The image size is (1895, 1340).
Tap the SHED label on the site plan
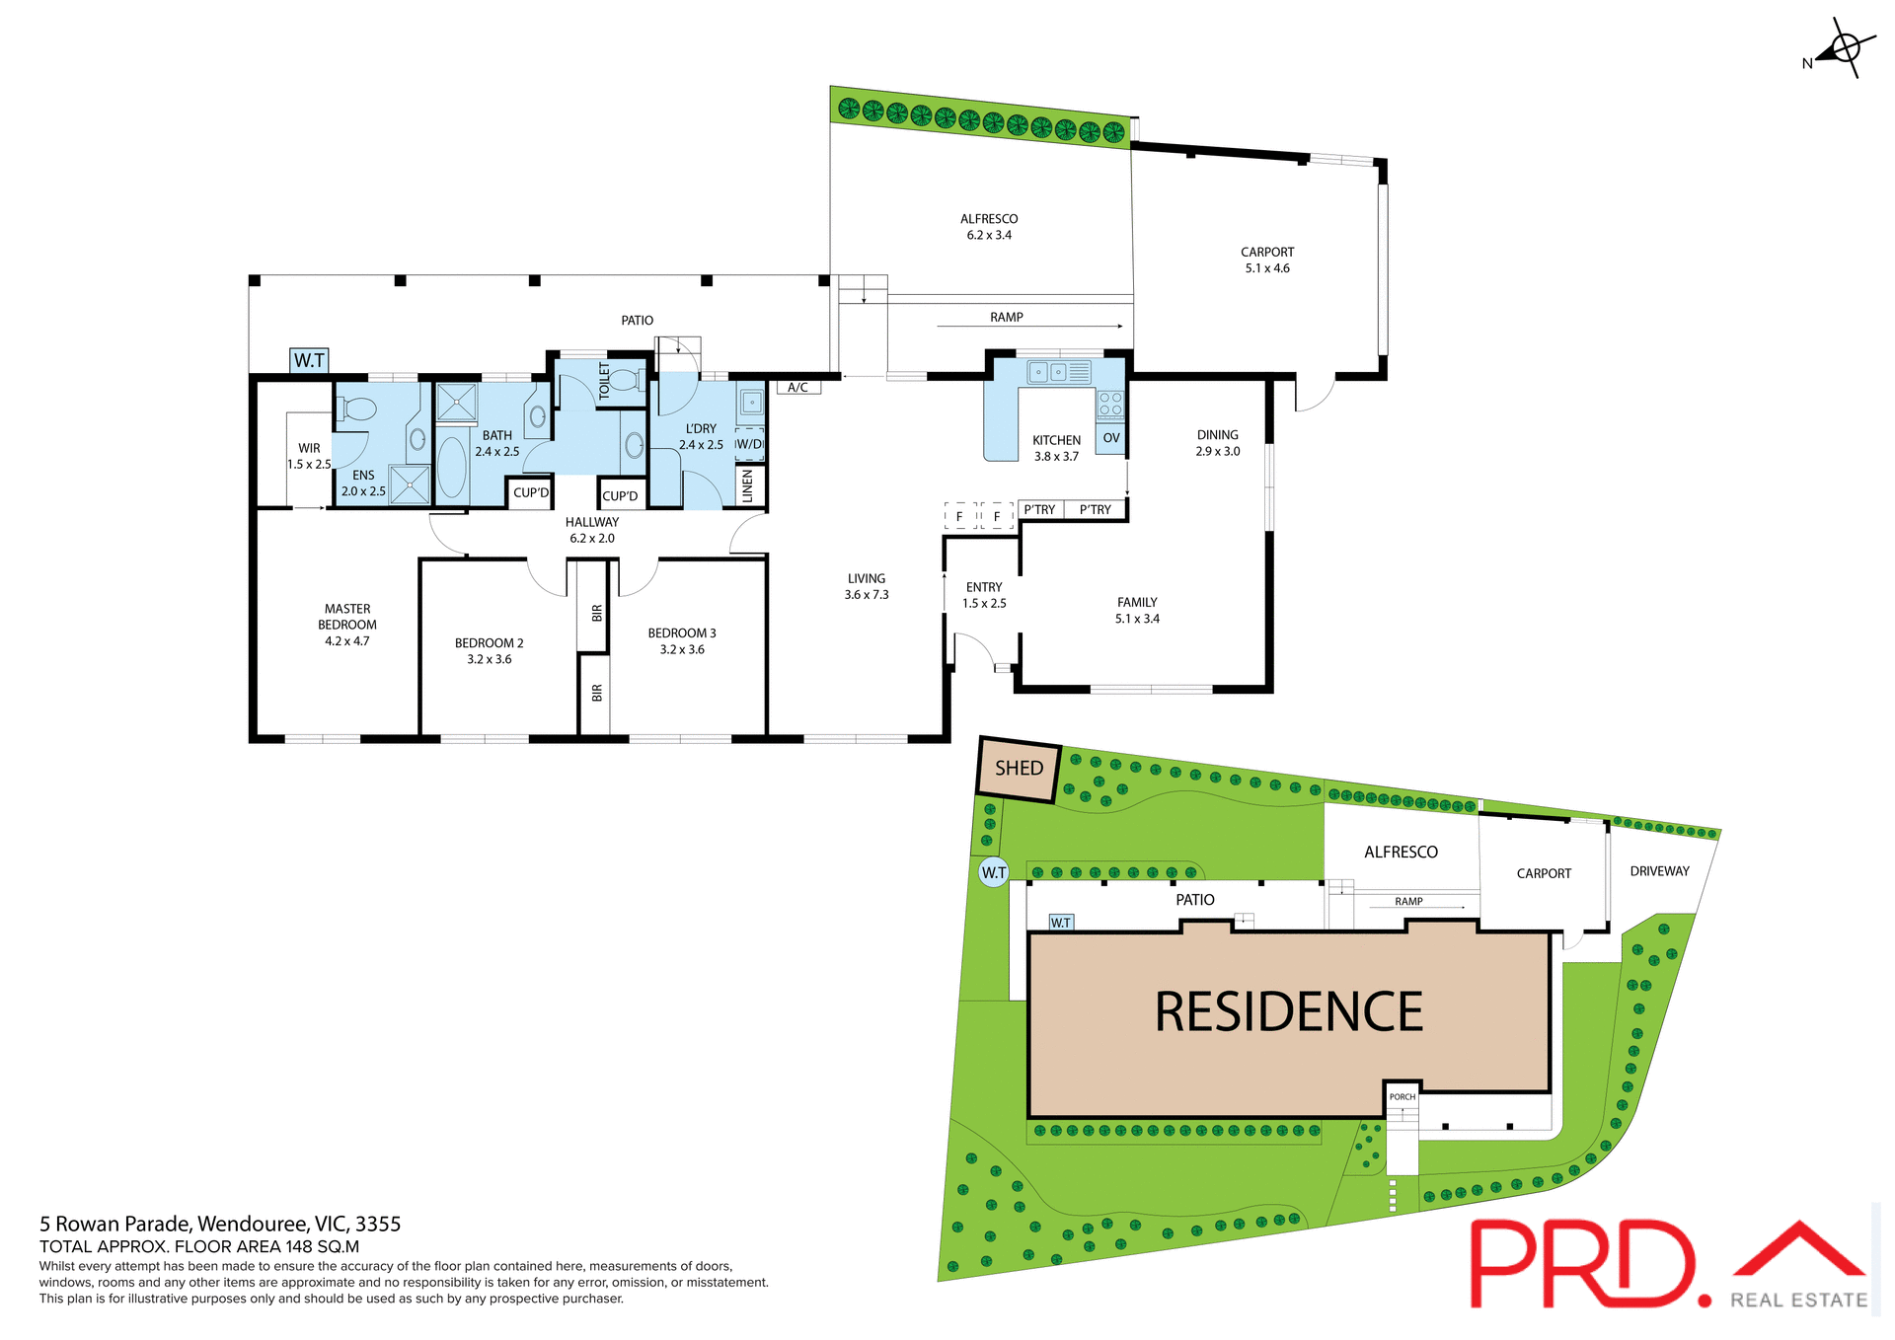(1019, 768)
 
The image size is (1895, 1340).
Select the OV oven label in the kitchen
(1111, 438)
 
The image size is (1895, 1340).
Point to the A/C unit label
(798, 388)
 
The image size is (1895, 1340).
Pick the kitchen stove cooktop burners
(1110, 404)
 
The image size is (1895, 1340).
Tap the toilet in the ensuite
(357, 409)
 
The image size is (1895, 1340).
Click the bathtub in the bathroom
(452, 466)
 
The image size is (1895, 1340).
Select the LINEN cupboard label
(748, 485)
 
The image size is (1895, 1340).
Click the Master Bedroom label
(347, 617)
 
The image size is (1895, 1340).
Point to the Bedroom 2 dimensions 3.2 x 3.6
(490, 659)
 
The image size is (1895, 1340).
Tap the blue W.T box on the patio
(309, 360)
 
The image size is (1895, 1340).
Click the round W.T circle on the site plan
(994, 872)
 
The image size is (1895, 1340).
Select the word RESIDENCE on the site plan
(1288, 1012)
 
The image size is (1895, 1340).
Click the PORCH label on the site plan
(1402, 1096)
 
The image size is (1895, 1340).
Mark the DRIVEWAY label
(1659, 871)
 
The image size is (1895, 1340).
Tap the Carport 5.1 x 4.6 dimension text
(1267, 268)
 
